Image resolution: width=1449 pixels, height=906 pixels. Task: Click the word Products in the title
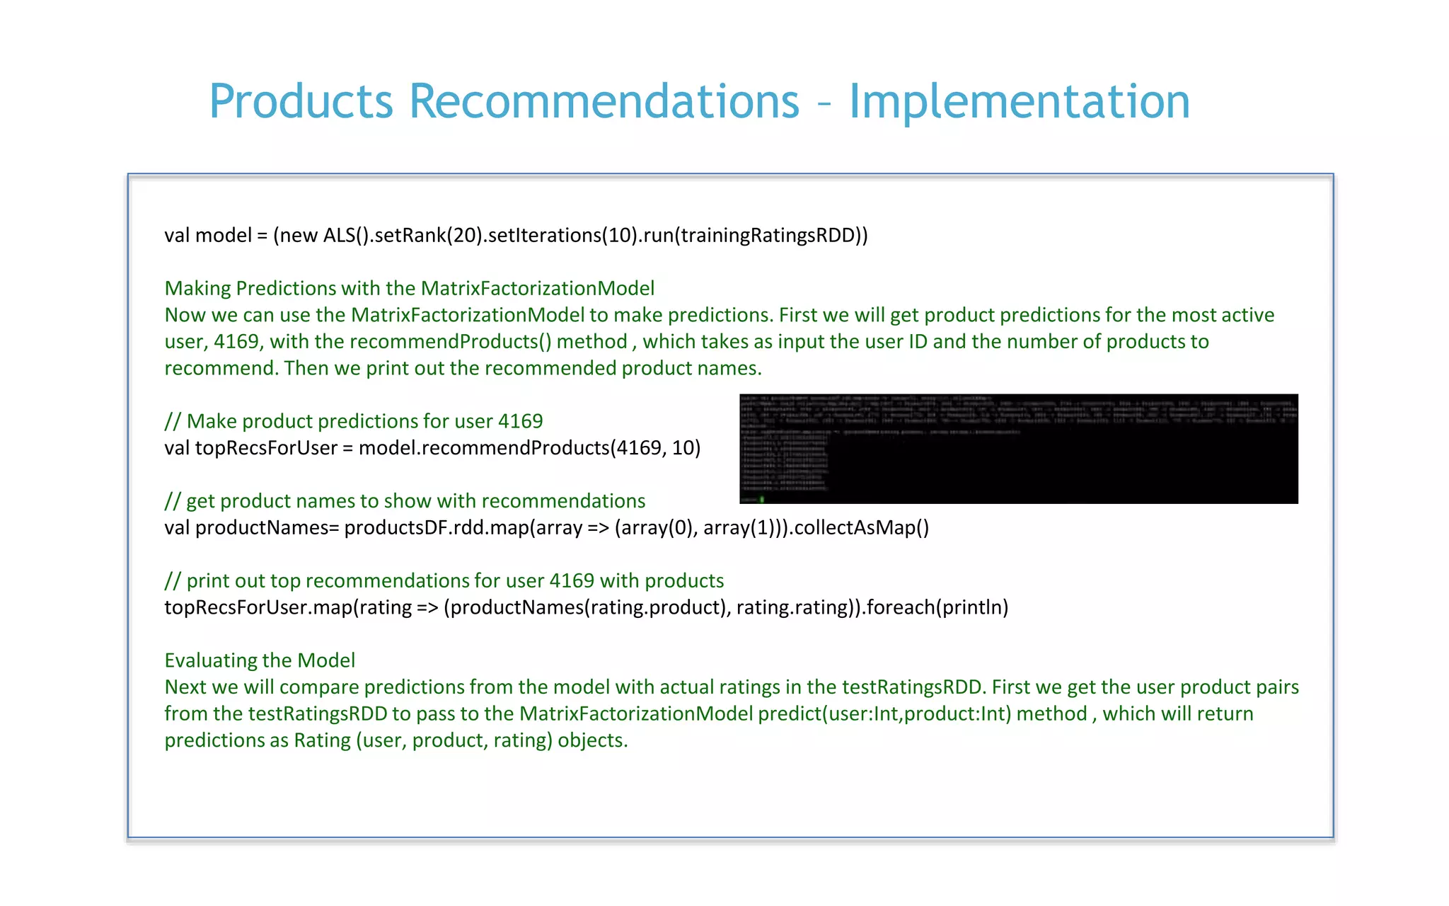301,101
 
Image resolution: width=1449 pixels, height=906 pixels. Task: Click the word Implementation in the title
1019,101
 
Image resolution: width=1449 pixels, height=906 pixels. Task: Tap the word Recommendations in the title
604,101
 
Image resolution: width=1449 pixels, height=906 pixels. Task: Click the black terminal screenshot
1018,449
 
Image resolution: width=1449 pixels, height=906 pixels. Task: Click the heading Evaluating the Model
260,660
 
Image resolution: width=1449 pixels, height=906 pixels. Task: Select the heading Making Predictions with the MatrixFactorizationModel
409,288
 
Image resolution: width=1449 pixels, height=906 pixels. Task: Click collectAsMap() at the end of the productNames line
861,528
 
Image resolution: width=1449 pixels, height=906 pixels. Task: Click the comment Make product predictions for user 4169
354,421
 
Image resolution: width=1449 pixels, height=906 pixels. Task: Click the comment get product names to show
405,501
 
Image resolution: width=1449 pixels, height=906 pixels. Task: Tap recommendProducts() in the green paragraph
450,342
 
